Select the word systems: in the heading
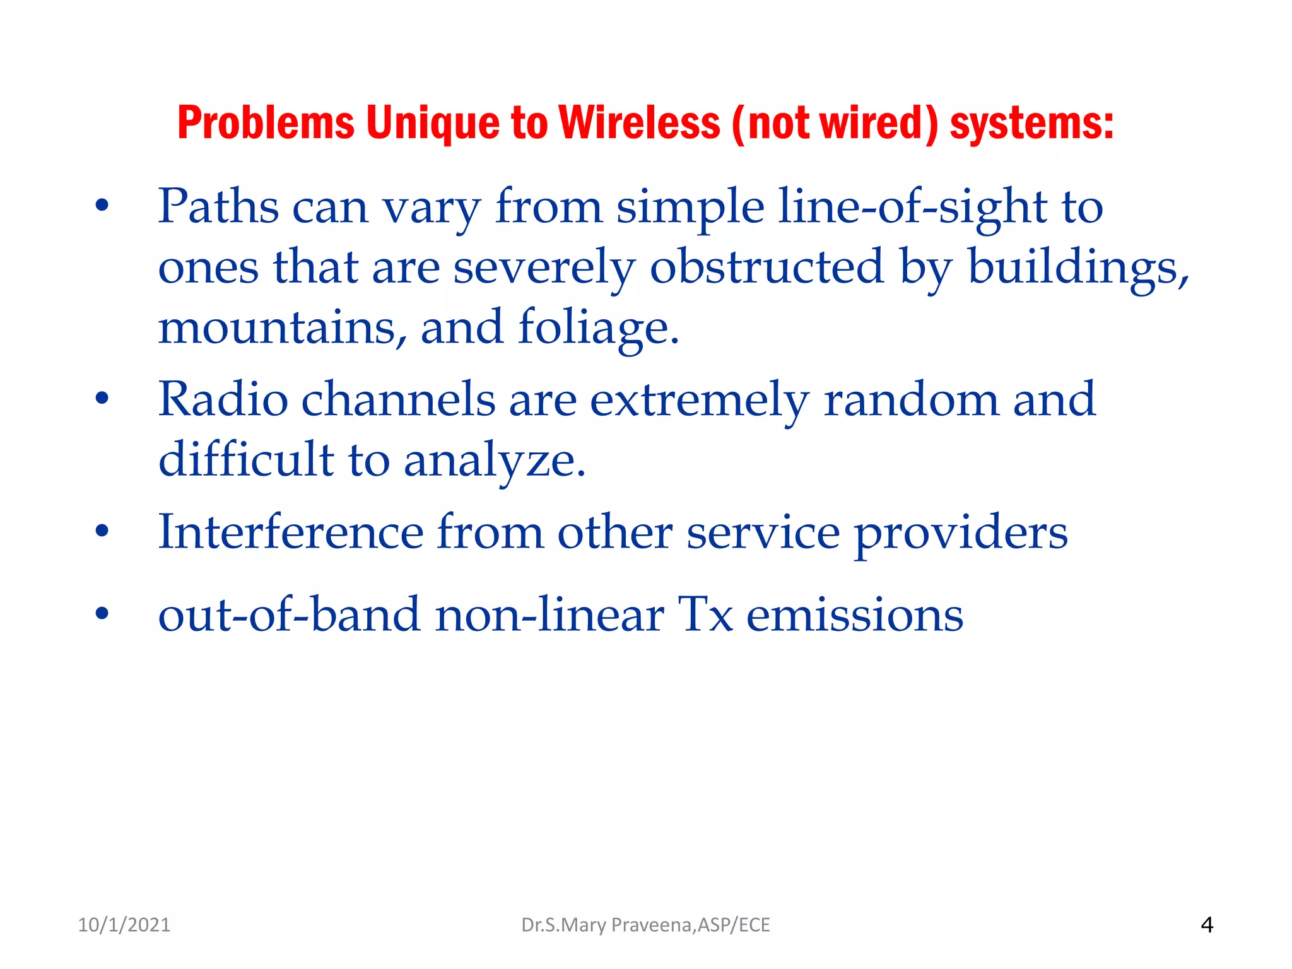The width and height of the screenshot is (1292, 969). point(1031,122)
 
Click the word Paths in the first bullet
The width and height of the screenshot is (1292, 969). point(218,206)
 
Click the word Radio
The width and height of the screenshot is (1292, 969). point(223,399)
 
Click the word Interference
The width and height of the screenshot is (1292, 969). point(291,532)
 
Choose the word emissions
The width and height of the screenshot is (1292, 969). point(855,615)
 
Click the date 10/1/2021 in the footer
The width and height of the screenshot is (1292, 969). point(124,925)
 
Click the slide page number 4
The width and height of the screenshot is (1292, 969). point(1207,925)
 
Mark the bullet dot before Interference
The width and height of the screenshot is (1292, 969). point(102,531)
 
